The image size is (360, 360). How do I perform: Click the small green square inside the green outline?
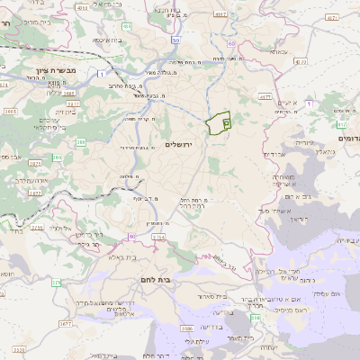click(225, 121)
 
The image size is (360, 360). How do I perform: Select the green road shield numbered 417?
click(342, 125)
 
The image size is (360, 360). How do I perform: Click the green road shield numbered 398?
click(256, 318)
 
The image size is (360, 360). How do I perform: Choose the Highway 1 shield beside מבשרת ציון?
click(102, 72)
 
